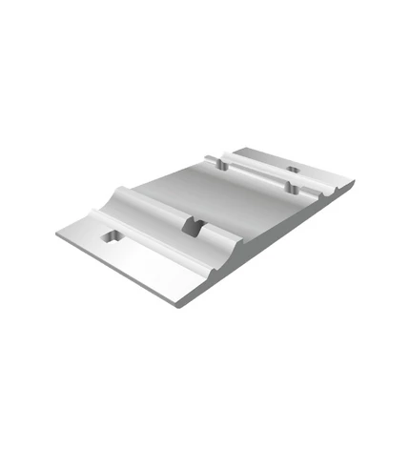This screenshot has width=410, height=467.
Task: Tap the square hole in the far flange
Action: coord(293,172)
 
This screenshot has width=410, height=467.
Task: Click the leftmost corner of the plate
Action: coord(56,233)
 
